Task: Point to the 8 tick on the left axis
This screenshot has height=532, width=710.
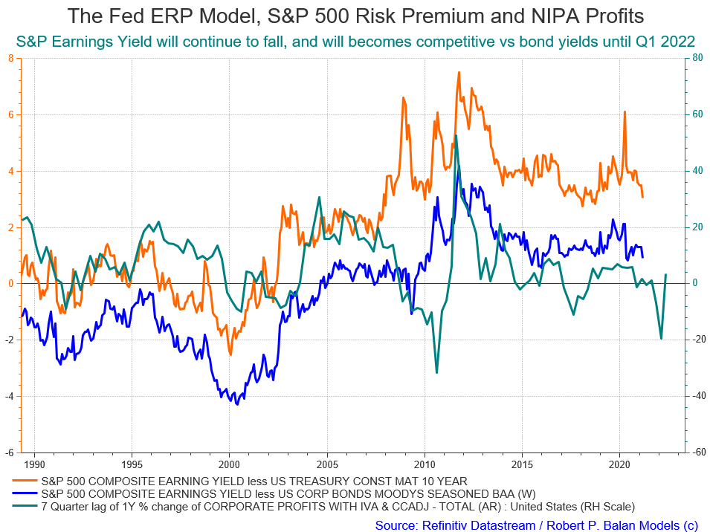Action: point(11,58)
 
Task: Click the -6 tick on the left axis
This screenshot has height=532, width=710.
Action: point(9,452)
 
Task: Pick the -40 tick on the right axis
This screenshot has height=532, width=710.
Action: point(699,396)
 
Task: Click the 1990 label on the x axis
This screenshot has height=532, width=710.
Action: point(34,464)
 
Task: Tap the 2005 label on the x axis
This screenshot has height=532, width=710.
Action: point(327,464)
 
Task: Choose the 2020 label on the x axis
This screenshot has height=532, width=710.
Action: point(619,464)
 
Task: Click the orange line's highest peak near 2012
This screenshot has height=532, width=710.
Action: point(459,72)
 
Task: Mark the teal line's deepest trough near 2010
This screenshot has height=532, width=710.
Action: point(436,373)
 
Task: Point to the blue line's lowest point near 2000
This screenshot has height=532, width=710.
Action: point(237,404)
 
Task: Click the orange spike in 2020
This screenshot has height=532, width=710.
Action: point(625,111)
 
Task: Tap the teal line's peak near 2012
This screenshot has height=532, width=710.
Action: point(456,135)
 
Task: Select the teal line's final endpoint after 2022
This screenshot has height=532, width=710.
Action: point(665,274)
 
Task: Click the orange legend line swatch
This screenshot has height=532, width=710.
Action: point(25,481)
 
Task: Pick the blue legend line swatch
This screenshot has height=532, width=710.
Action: point(25,493)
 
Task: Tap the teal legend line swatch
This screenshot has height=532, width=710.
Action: point(25,506)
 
